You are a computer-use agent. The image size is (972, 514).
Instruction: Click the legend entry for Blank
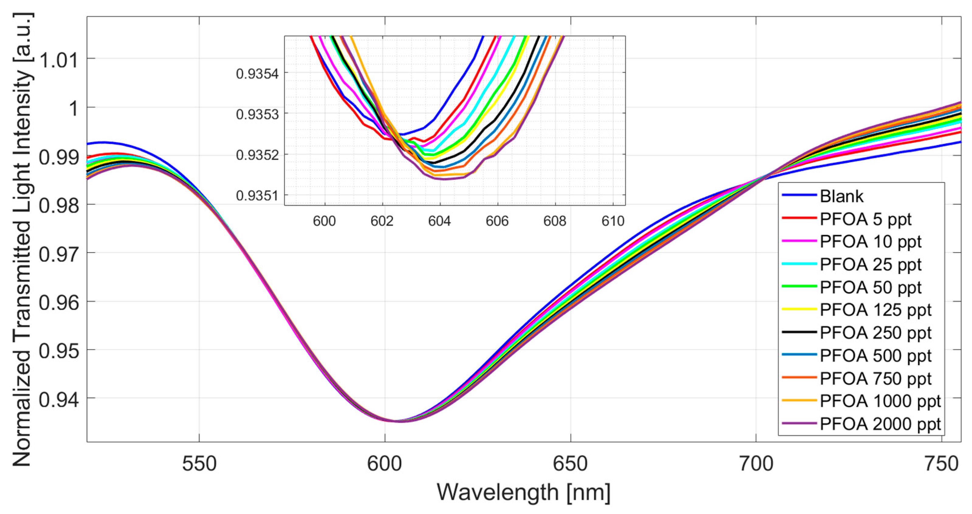coord(841,196)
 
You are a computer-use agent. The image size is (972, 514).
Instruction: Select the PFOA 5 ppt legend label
coord(865,219)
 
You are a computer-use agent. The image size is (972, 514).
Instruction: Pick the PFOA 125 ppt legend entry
coord(875,310)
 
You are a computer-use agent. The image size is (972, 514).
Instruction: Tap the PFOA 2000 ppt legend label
coord(880,424)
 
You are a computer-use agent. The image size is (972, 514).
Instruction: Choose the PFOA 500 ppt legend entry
coord(875,355)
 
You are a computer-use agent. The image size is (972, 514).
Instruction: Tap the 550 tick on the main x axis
coord(199,464)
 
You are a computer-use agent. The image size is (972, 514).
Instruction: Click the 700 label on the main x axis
coord(756,464)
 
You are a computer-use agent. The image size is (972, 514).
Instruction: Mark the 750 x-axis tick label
coord(941,464)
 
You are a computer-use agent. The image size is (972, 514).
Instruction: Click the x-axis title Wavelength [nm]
coord(523,492)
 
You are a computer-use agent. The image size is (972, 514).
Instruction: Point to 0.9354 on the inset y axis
coord(257,74)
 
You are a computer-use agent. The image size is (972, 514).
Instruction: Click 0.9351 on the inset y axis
coord(257,196)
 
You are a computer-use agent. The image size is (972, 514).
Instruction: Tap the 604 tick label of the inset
coord(440,221)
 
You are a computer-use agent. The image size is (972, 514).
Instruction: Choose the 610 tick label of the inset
coord(613,221)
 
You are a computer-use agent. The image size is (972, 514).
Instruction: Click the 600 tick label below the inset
coord(324,221)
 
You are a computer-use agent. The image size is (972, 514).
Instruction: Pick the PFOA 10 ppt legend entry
coord(870,242)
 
